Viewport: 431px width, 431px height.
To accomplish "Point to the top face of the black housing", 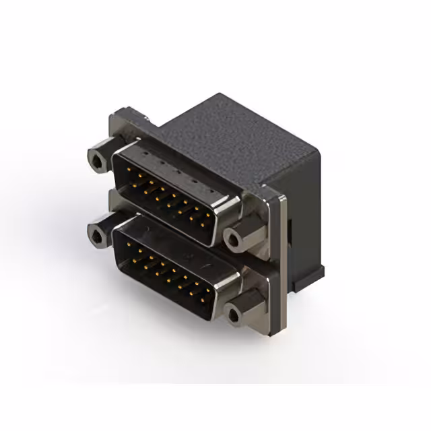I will coord(229,135).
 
